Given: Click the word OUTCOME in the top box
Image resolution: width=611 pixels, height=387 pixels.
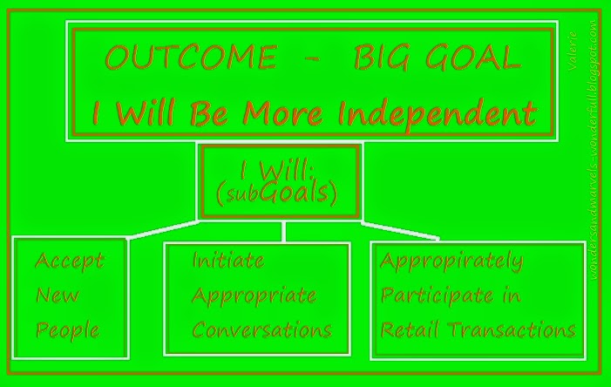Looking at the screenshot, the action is (x=191, y=58).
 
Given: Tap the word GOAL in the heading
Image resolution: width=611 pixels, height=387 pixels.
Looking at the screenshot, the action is (x=473, y=58).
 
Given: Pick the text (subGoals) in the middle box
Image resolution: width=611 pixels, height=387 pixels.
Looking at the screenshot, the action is (x=277, y=193).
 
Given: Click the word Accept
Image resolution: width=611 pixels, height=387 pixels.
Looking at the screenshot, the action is (x=70, y=261).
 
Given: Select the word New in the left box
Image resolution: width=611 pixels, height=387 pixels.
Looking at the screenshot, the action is (x=58, y=295).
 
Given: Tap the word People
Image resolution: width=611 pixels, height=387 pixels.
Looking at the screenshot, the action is (x=68, y=330).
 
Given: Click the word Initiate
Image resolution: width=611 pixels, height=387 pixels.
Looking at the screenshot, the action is (x=228, y=261).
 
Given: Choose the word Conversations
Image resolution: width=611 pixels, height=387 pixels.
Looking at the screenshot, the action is (x=261, y=329).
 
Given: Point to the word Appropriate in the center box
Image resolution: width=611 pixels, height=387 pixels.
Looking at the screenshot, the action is (x=254, y=296).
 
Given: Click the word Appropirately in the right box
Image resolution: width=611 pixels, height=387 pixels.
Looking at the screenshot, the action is (x=452, y=261).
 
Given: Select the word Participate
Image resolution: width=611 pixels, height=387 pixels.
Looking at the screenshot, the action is (x=438, y=295).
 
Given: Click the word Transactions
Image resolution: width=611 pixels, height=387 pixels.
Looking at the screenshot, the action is (x=512, y=329).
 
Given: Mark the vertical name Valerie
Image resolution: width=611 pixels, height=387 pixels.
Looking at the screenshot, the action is (x=573, y=51).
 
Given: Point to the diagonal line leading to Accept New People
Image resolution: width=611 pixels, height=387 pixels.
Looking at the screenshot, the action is (x=162, y=229).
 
